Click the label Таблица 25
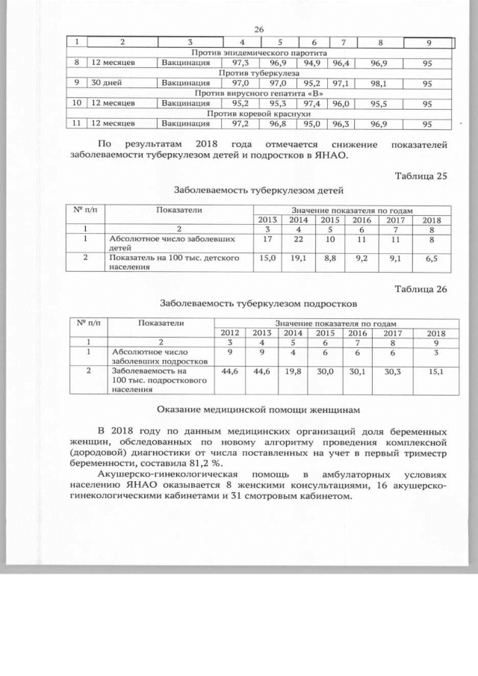click(420, 176)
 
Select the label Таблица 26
click(420, 290)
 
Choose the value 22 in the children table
click(298, 239)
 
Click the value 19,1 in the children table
click(298, 258)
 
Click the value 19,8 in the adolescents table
click(294, 370)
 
